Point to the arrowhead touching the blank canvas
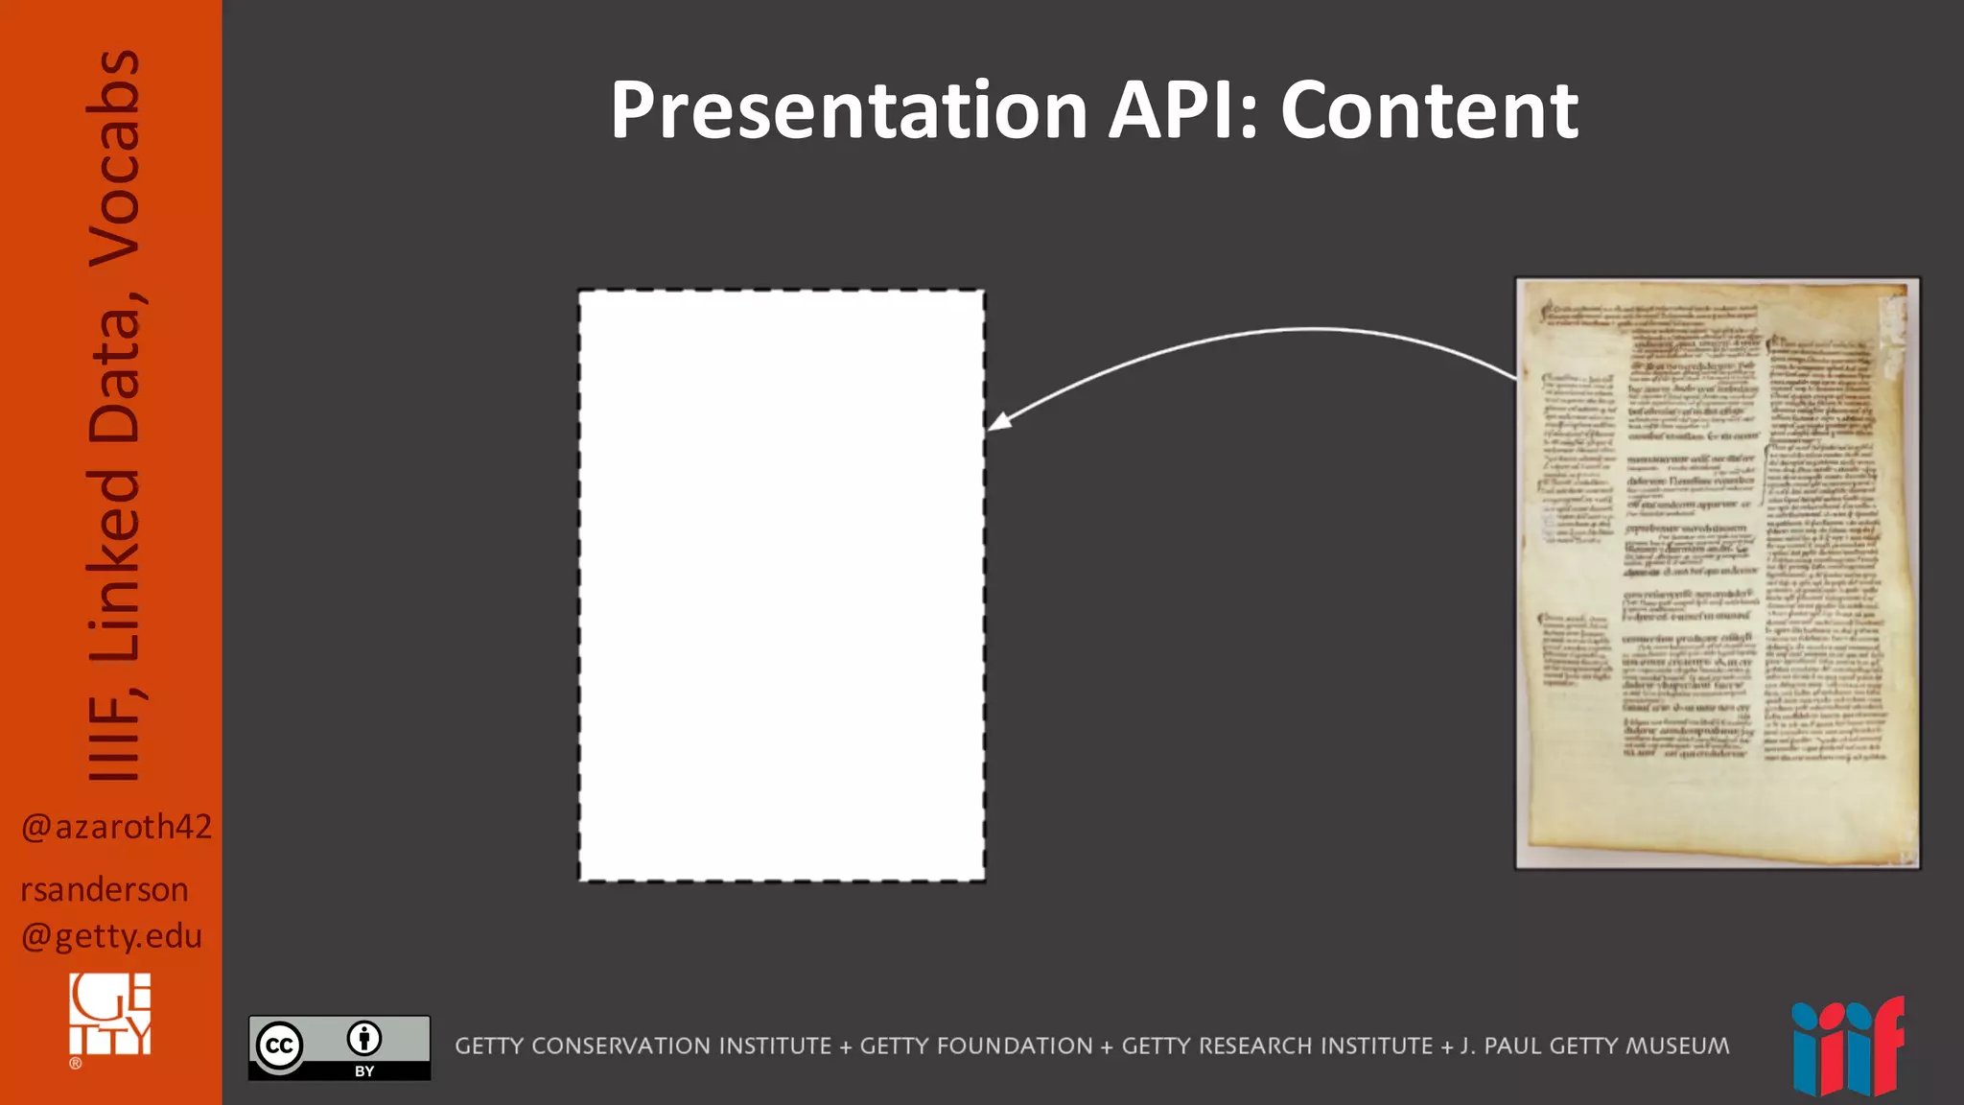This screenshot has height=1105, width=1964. coord(999,421)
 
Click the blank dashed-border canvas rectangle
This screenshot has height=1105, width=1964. coord(781,585)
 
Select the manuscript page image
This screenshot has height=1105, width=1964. coord(1717,574)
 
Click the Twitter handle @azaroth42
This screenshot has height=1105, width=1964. coord(116,827)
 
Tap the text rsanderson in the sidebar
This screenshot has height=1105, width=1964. coord(104,890)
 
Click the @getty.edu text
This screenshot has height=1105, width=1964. coord(111,936)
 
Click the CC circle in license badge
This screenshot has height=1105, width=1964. coord(279,1046)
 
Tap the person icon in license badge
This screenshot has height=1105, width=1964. coord(364,1038)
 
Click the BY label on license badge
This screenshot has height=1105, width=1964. coord(364,1071)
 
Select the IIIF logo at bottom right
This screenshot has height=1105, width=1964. coord(1847,1047)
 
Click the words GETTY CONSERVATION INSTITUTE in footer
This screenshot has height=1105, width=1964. coord(643,1046)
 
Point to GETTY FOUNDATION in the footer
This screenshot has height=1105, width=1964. coord(975,1046)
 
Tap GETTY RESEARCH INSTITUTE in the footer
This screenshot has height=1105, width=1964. coord(1276,1046)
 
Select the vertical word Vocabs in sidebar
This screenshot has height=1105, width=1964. coord(113,158)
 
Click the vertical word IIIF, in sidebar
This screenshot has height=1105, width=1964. coord(113,734)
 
